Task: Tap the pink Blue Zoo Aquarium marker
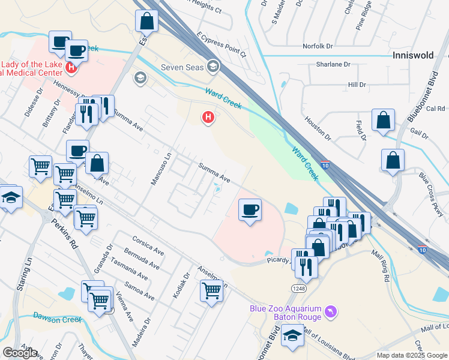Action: (x=330, y=312)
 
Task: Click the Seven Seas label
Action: (x=182, y=66)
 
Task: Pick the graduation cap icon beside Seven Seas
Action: (x=212, y=66)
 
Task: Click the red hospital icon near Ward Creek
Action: (x=208, y=117)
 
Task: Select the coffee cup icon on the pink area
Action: (x=250, y=210)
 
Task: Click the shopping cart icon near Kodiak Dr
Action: (x=211, y=290)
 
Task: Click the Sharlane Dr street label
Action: (x=333, y=64)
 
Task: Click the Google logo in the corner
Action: (x=20, y=353)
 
